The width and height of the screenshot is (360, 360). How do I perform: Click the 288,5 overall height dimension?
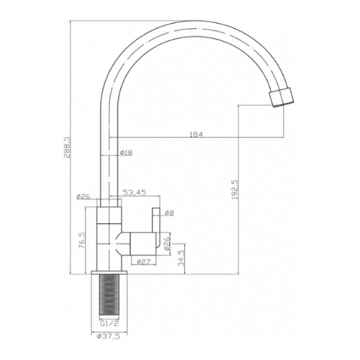(x=67, y=147)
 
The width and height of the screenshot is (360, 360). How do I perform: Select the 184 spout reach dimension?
(x=197, y=135)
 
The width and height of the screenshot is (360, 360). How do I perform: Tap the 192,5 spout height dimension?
(x=235, y=189)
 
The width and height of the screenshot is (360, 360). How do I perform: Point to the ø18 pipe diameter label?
(x=125, y=153)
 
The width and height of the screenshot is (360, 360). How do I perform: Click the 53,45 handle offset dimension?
(x=135, y=192)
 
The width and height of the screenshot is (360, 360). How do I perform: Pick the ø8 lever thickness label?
(x=169, y=212)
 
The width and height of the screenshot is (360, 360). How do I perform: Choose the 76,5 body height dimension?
(x=82, y=240)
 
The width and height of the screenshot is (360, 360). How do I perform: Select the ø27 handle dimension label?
(x=143, y=262)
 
